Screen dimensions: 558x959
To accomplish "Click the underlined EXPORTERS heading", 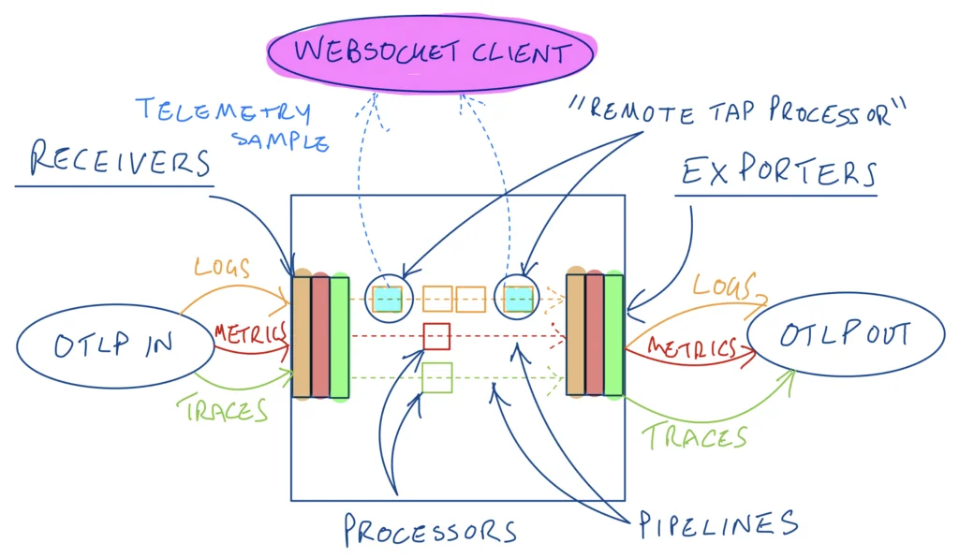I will coord(776,173).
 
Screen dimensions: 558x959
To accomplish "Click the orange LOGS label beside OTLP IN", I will coord(222,266).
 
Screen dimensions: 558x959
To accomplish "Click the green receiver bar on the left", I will coord(339,337).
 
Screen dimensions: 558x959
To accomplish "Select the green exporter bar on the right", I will coord(613,334).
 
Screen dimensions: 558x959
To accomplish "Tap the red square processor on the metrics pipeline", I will coord(437,335).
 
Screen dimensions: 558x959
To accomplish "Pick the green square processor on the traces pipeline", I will coord(437,377).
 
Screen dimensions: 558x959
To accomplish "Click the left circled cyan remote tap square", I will coord(387,299).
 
